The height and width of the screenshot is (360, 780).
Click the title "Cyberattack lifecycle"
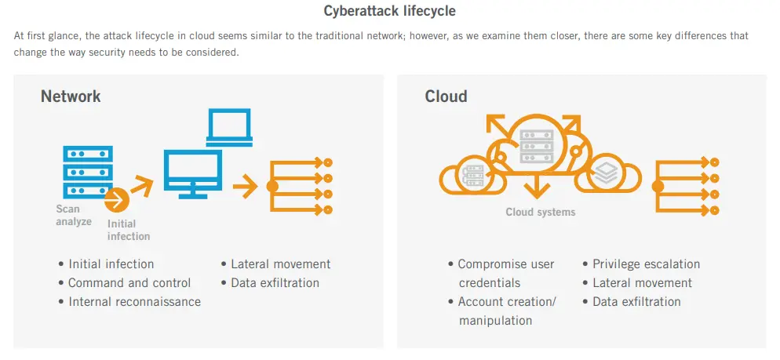click(389, 12)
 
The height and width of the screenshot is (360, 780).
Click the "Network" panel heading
click(71, 96)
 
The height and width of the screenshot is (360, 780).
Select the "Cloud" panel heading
click(446, 96)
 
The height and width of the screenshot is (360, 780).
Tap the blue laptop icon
click(228, 128)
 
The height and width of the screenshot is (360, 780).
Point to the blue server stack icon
click(86, 171)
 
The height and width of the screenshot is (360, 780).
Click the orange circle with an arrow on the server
click(117, 201)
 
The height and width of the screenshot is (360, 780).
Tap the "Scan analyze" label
click(73, 215)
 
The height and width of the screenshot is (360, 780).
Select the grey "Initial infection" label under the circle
click(128, 230)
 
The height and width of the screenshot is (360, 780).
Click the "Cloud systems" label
click(540, 212)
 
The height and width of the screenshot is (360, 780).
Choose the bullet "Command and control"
click(129, 283)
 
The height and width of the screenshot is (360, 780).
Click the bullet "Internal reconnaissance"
click(134, 302)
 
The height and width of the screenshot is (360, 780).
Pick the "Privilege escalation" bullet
click(646, 264)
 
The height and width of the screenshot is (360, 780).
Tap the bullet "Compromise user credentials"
click(506, 274)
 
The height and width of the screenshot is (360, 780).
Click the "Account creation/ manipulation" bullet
click(506, 311)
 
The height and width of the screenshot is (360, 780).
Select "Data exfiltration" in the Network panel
click(275, 283)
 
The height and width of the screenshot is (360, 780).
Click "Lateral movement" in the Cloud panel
click(642, 283)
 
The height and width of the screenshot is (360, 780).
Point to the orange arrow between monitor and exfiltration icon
click(246, 187)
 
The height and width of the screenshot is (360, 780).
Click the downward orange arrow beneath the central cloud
click(538, 187)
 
